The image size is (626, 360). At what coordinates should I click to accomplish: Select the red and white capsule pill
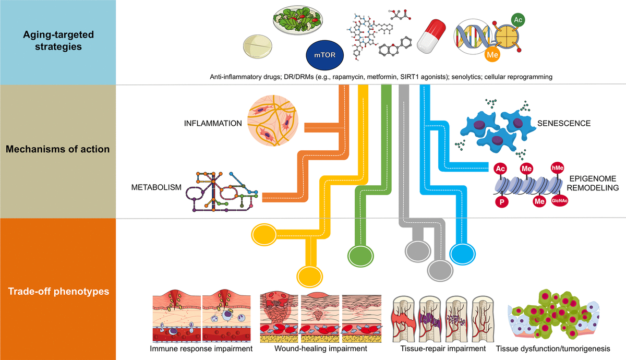pyautogui.click(x=431, y=35)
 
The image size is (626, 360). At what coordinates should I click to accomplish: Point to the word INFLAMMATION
pyautogui.click(x=213, y=124)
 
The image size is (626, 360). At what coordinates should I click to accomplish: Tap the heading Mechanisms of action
pyautogui.click(x=57, y=149)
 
